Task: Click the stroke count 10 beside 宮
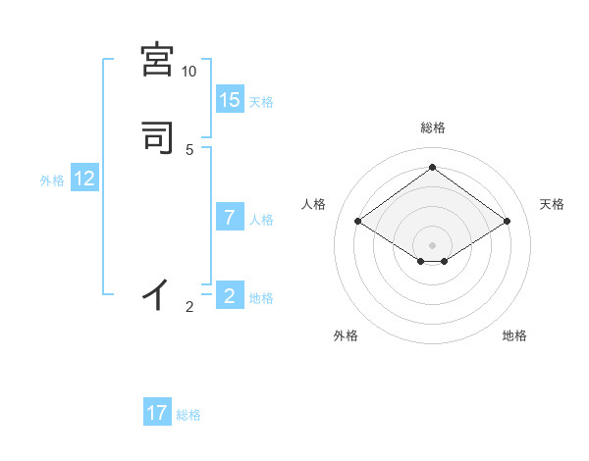(188, 72)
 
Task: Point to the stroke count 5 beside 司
(189, 149)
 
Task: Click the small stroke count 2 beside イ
(189, 307)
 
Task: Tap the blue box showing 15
(230, 100)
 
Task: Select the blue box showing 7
(230, 217)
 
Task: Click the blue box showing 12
(84, 179)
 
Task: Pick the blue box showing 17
(157, 413)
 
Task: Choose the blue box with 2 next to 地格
(230, 295)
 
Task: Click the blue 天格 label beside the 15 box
(261, 102)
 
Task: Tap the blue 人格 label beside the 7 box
(261, 220)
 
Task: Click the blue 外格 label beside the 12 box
(52, 180)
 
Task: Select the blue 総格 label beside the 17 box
(188, 415)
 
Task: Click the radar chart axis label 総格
(432, 128)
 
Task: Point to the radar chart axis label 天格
(553, 204)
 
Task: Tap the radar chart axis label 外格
(346, 336)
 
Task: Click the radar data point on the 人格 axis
(358, 222)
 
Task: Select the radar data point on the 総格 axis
(432, 168)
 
